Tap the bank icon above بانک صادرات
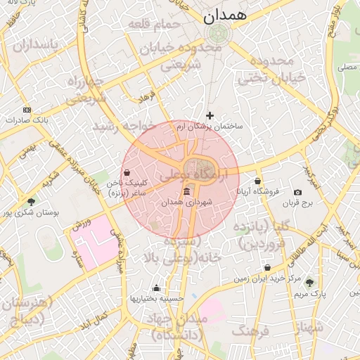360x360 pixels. pos(27,110)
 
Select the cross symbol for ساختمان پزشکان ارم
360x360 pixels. pos(210,115)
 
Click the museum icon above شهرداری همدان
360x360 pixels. pos(186,192)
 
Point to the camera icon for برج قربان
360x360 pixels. pos(297,193)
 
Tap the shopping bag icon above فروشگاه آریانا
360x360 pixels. pos(258,181)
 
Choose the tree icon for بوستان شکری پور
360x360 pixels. pos(31,202)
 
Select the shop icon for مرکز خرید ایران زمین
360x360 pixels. pos(268,268)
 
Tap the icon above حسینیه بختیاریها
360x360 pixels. pos(156,288)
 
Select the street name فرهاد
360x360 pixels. pos(146,95)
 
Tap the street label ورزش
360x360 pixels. pos(81,224)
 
